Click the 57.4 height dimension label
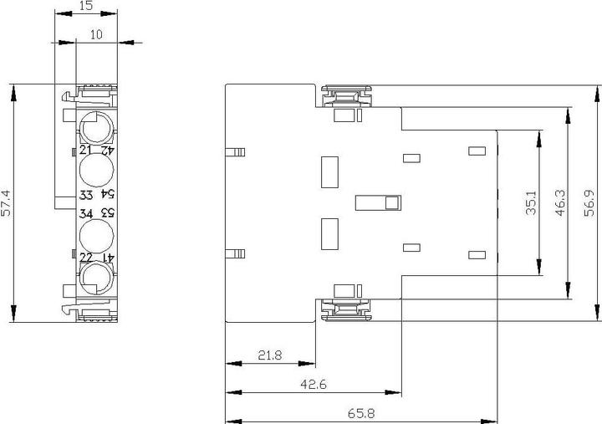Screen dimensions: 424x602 click(x=7, y=203)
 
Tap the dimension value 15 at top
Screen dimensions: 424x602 click(x=86, y=6)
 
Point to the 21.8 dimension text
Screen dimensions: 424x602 click(x=270, y=355)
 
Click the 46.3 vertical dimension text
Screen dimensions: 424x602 click(x=560, y=203)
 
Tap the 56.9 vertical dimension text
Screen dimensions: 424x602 click(x=590, y=203)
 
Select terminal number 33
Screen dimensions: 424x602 click(x=87, y=195)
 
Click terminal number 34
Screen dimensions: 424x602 click(x=87, y=213)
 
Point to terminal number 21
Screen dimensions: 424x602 click(x=86, y=151)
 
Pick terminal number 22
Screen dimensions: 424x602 click(x=86, y=258)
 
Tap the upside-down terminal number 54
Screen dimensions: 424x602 click(x=108, y=195)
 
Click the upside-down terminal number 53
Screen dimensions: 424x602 click(x=108, y=213)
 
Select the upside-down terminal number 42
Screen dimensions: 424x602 click(x=108, y=151)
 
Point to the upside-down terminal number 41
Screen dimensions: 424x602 click(x=108, y=258)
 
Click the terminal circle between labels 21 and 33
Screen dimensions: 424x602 click(x=97, y=172)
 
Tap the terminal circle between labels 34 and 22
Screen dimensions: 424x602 click(x=97, y=235)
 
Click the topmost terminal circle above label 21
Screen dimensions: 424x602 click(x=97, y=127)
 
